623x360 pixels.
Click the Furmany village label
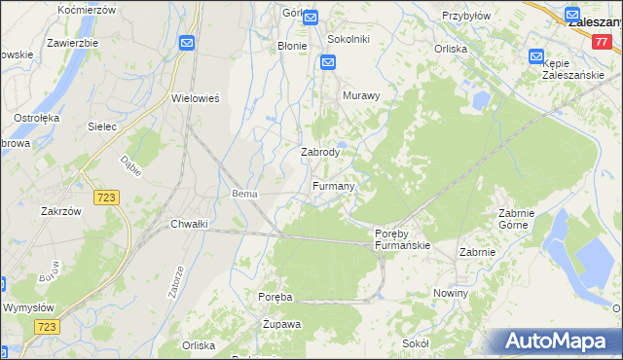coord(334,186)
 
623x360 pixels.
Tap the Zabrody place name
coord(319,152)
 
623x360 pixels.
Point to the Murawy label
coord(360,96)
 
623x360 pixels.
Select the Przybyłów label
coord(463,16)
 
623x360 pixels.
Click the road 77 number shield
coord(601,42)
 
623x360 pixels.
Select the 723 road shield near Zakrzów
coord(107,198)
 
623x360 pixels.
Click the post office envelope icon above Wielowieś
coord(186,43)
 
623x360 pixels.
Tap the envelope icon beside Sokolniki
coord(329,62)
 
